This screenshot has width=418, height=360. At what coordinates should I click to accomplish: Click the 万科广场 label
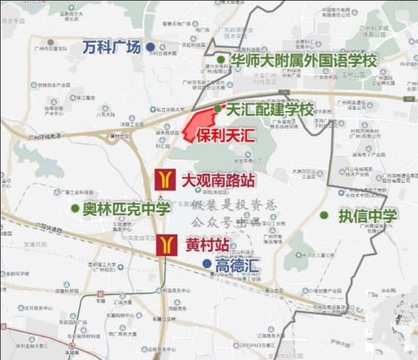pyautogui.click(x=112, y=47)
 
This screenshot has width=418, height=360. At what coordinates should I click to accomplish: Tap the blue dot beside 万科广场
pyautogui.click(x=150, y=47)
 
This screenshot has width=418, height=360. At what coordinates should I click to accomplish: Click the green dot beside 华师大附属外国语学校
pyautogui.click(x=221, y=60)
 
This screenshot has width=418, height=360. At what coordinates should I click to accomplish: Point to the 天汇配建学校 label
pyautogui.click(x=270, y=110)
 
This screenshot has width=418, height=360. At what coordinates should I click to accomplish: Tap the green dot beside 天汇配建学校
pyautogui.click(x=217, y=109)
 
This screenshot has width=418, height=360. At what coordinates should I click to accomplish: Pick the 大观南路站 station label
pyautogui.click(x=218, y=181)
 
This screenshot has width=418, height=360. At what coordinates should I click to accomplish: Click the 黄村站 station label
pyautogui.click(x=207, y=245)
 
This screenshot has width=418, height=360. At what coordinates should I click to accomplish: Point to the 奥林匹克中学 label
pyautogui.click(x=126, y=209)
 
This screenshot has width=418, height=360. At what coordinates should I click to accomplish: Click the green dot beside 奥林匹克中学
pyautogui.click(x=75, y=209)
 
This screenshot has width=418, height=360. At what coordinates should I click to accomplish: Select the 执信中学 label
pyautogui.click(x=367, y=215)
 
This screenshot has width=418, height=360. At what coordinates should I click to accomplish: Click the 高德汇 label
pyautogui.click(x=237, y=265)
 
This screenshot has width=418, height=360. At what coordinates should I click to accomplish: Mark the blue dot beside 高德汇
pyautogui.click(x=207, y=263)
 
